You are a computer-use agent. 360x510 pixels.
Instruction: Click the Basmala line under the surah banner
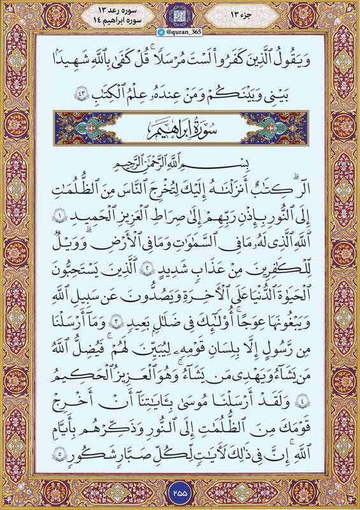click(x=180, y=161)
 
